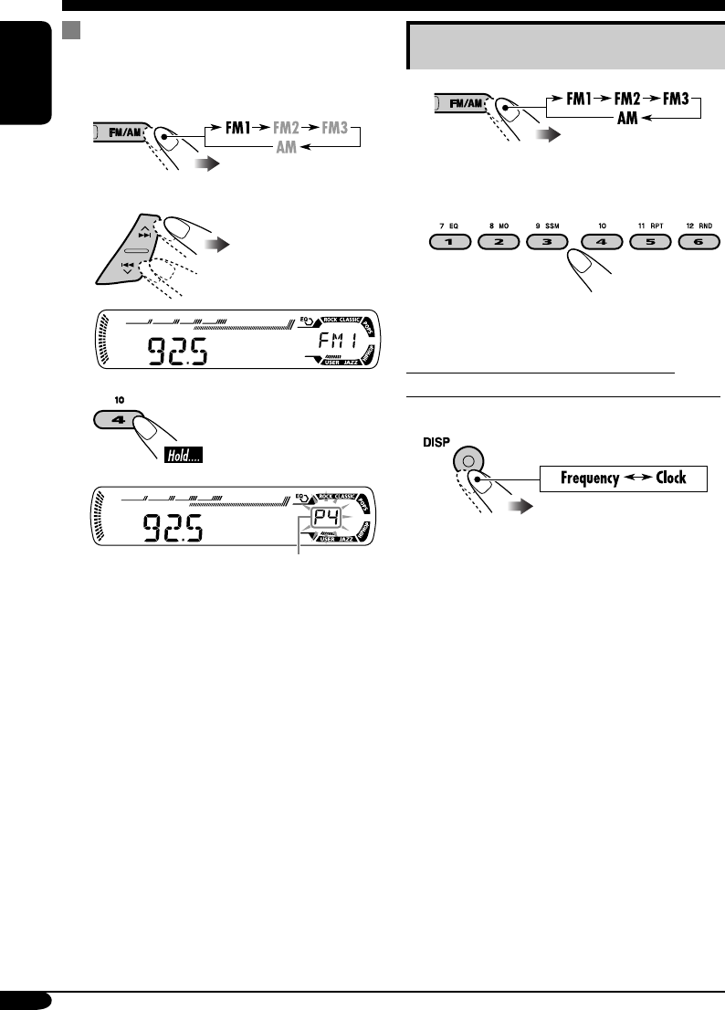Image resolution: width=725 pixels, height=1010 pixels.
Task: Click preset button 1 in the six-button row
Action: point(451,243)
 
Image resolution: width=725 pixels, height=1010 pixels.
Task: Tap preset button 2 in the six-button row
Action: point(501,243)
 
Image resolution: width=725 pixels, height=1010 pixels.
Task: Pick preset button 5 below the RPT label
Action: point(649,243)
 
